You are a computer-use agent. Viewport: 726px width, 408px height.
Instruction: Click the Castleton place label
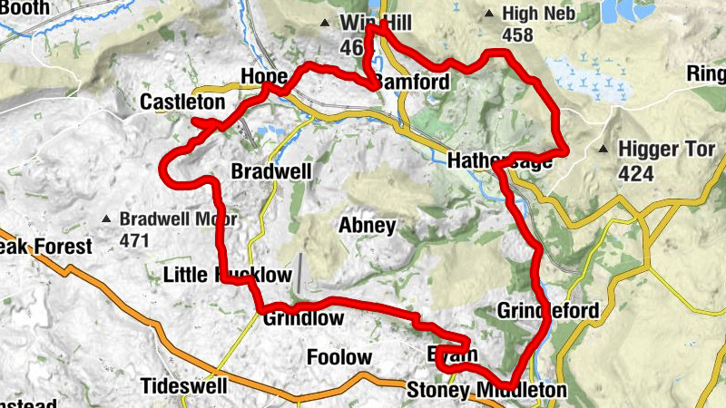(x=182, y=102)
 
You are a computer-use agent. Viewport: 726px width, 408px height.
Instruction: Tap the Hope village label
(x=264, y=76)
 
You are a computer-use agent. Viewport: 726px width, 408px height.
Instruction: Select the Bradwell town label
(x=271, y=171)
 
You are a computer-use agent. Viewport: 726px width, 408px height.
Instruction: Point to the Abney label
(x=367, y=226)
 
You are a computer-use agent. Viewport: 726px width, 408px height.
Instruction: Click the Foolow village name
(x=339, y=357)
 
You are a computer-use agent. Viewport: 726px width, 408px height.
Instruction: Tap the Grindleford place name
(x=548, y=312)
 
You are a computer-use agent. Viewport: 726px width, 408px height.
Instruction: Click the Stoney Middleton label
(x=486, y=391)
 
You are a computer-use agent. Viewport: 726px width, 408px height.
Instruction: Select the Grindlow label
(x=303, y=318)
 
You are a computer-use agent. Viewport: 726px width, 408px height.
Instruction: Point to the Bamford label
(x=411, y=82)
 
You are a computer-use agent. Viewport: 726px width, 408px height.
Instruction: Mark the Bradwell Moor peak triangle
(x=108, y=219)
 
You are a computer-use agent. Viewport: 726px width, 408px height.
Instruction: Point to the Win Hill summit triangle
(x=324, y=23)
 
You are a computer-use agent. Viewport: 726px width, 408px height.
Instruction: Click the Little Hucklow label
(x=228, y=275)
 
